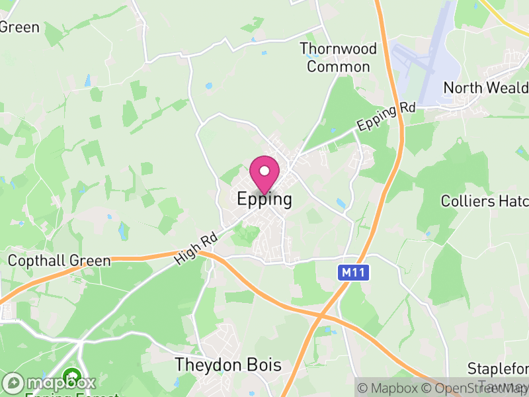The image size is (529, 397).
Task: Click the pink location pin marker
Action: pyautogui.click(x=264, y=173)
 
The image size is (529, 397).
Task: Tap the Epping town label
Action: pyautogui.click(x=264, y=200)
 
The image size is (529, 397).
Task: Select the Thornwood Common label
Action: pyautogui.click(x=338, y=58)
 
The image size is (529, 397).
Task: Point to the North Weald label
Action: pyautogui.click(x=485, y=88)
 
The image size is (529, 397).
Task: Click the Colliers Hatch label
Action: pyautogui.click(x=485, y=200)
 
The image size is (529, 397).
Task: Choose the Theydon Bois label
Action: pyautogui.click(x=228, y=365)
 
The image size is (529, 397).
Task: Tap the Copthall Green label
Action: pyautogui.click(x=59, y=261)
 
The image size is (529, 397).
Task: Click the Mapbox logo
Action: pyautogui.click(x=50, y=382)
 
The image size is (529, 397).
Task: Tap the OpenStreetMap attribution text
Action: pyautogui.click(x=478, y=388)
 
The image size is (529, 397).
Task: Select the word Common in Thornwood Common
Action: pyautogui.click(x=338, y=67)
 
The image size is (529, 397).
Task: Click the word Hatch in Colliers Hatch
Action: pyautogui.click(x=510, y=200)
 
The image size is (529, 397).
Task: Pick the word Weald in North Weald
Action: pyautogui.click(x=506, y=88)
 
